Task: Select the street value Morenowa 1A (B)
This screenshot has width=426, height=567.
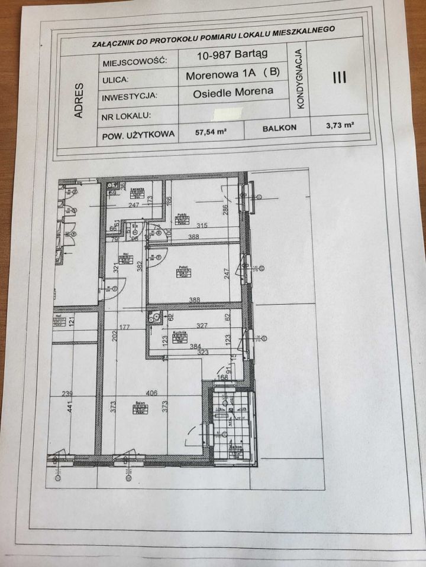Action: [233, 75]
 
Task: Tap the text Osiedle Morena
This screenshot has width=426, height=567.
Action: [233, 92]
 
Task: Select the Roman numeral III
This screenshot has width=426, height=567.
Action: [340, 78]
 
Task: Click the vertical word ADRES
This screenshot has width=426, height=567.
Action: [79, 99]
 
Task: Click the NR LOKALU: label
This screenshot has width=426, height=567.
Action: [128, 116]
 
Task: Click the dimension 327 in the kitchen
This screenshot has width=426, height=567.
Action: [202, 325]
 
